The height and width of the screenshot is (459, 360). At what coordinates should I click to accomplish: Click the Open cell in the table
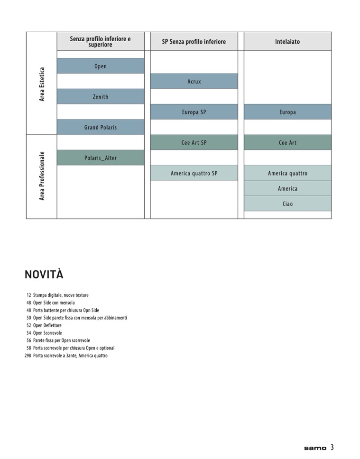100,66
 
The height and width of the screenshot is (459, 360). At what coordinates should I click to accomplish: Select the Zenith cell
100,97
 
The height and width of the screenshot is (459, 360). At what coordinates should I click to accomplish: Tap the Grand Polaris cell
100,127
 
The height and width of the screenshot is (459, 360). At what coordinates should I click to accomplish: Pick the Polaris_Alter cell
100,158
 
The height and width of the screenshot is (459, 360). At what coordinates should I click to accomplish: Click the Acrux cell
194,82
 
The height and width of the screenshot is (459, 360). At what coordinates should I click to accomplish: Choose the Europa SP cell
194,112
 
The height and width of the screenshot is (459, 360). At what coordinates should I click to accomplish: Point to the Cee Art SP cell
194,143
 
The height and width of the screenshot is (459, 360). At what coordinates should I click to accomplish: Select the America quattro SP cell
194,173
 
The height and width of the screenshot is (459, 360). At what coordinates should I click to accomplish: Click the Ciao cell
287,204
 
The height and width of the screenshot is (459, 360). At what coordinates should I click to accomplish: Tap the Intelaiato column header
287,42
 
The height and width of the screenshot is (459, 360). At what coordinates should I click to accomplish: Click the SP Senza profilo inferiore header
194,42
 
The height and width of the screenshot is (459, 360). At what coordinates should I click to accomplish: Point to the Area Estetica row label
42,83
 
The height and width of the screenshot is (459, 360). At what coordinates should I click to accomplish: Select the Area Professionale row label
42,176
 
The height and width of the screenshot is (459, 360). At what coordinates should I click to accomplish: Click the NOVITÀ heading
44,275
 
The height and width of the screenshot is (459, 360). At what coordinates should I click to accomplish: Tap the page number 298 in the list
28,356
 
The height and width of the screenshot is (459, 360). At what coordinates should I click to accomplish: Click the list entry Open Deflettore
47,325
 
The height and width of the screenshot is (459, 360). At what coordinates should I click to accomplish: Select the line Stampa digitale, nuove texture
61,295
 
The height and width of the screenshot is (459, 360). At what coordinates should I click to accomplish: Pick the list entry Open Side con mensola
54,303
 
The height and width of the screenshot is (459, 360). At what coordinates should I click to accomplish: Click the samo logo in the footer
315,448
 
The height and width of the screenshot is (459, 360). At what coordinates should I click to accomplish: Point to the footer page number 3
332,447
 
